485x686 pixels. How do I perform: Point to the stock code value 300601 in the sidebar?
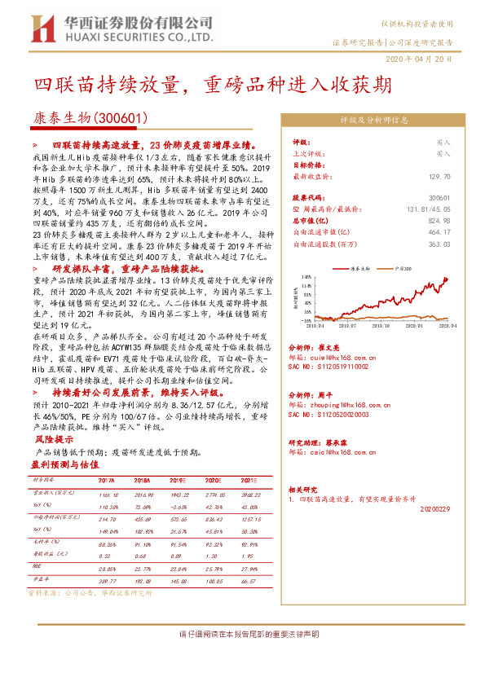pos(439,198)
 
